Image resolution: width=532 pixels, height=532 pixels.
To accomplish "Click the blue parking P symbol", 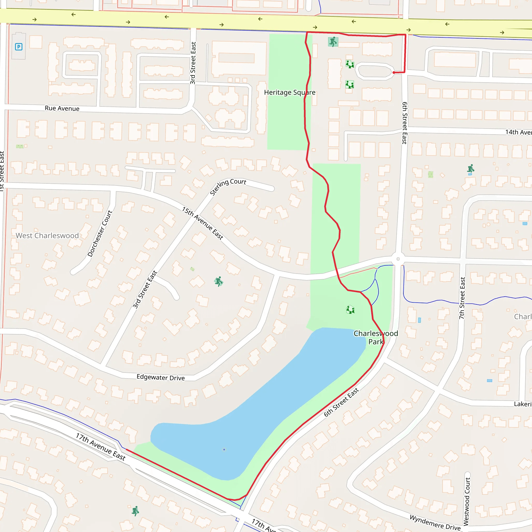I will click(x=19, y=47).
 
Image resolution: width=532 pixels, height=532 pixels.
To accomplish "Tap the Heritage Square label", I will click(x=290, y=92).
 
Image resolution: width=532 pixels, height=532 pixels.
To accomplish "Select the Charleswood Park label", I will click(x=376, y=338).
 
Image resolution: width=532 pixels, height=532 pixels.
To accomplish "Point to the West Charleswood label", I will click(x=47, y=236).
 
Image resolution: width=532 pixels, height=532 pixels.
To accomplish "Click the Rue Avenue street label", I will click(x=62, y=109).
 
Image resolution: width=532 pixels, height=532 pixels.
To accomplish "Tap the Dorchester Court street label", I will click(x=100, y=234).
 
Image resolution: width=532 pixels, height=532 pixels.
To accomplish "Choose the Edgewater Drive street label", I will click(x=161, y=377).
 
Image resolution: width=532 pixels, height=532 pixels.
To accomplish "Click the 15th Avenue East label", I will click(x=202, y=223).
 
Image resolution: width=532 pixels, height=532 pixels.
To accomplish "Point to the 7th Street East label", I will click(x=462, y=298).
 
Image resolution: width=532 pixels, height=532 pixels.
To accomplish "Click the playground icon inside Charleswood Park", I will click(x=350, y=310).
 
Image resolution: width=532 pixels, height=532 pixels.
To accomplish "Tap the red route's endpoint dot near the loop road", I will click(x=394, y=73).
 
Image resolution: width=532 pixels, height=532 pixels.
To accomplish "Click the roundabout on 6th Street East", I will click(x=398, y=259).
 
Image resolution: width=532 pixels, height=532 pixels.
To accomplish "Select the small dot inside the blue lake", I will click(x=224, y=450).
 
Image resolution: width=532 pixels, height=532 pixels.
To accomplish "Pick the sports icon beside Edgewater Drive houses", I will click(x=219, y=282).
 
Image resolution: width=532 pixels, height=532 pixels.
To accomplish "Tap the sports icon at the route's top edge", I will click(x=333, y=42).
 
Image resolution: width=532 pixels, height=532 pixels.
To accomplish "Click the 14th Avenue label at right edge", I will click(x=518, y=132).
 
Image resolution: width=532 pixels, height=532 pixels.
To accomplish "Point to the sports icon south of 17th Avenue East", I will click(x=135, y=511).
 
